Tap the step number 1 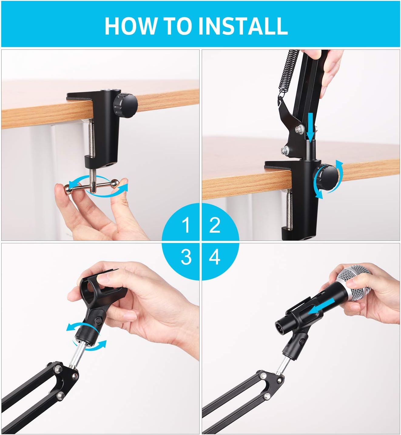coord(186,225)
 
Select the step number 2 coord(215,225)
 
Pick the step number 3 coord(186,257)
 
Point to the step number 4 coord(215,257)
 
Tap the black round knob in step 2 coord(326,177)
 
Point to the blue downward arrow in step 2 coord(310,126)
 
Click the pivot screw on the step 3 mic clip coord(99,320)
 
